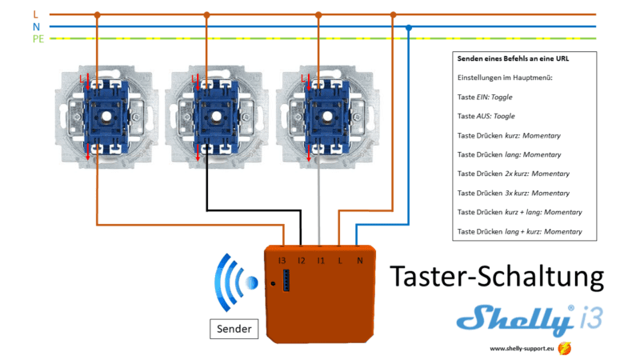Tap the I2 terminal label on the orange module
coord(301,261)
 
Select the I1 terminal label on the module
coord(320,261)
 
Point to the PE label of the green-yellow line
coord(38,39)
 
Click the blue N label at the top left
coord(36,26)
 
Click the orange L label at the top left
coord(35,14)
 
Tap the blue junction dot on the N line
coord(409,27)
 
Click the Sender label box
coord(234,328)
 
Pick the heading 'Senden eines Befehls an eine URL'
coord(513,59)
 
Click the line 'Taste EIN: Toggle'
coord(485,97)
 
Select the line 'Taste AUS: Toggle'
coord(486,116)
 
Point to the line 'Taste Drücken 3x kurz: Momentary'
coord(514,193)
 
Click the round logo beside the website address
coord(566,349)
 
